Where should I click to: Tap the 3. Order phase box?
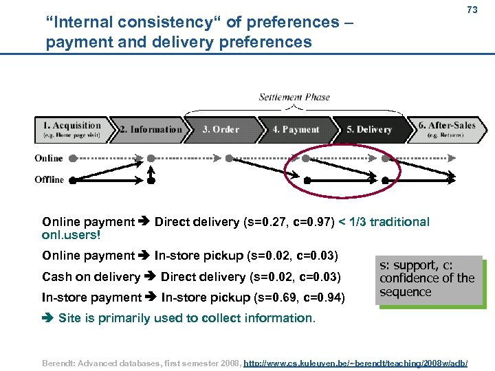[x=221, y=129]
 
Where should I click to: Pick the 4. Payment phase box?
[x=296, y=129]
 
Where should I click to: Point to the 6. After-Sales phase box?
[x=448, y=129]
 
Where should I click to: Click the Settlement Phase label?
[x=294, y=98]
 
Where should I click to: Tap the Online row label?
[x=49, y=158]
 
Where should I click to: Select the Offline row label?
[x=49, y=180]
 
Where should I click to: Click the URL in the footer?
[x=356, y=360]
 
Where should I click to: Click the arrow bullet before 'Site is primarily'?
[x=48, y=318]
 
